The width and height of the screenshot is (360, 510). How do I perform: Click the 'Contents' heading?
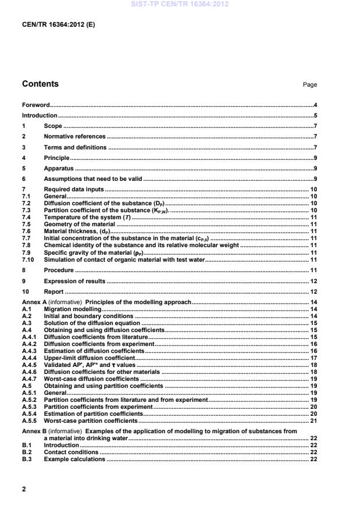40,84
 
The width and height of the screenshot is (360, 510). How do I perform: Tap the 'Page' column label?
310,85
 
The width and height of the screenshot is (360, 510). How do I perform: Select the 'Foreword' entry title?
35,105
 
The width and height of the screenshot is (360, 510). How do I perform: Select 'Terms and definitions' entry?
75,148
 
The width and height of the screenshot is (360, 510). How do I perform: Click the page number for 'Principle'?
315,158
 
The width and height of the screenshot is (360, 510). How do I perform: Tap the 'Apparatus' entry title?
59,169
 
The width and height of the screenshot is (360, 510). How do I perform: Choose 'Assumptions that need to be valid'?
93,179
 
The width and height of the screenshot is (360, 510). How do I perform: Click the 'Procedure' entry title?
59,270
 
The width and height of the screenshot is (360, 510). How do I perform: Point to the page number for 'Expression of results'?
313,281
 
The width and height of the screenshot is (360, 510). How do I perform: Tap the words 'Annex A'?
34,302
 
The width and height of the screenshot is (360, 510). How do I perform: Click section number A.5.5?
29,420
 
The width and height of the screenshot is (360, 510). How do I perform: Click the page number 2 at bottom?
24,489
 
